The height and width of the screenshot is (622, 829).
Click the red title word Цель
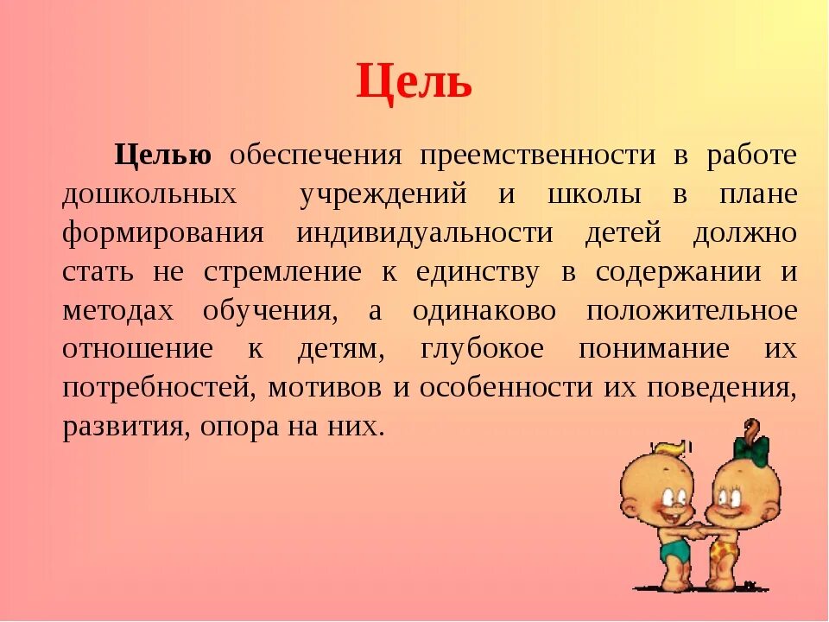[414, 83]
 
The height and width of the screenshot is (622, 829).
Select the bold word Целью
[163, 155]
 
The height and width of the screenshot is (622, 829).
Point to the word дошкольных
[149, 194]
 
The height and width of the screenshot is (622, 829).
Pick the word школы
[594, 194]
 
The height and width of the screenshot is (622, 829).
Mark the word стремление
[282, 272]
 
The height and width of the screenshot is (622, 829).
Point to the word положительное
[691, 311]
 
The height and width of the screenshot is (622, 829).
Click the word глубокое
[483, 350]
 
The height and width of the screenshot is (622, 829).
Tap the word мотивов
[324, 388]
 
